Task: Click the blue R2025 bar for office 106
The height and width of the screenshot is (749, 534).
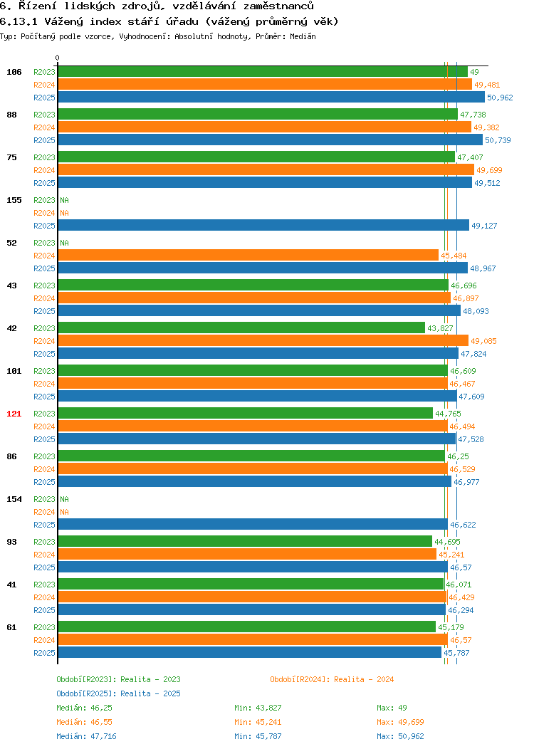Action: pos(271,97)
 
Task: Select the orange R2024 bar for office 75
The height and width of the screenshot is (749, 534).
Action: pos(266,169)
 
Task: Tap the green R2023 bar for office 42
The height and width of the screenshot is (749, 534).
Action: pos(241,328)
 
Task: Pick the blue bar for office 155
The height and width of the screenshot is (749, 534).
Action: pos(263,225)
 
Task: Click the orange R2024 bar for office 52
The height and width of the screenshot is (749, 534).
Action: pos(248,255)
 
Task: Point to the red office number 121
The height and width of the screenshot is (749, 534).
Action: pos(14,414)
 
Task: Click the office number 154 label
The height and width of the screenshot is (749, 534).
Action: pos(14,499)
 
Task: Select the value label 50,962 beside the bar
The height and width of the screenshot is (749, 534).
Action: pos(500,98)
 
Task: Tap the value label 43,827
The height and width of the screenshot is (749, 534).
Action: pos(440,328)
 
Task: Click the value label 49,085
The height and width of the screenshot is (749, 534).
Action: pos(483,341)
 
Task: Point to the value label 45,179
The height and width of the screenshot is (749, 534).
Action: pos(451,627)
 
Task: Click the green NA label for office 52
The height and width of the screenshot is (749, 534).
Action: pos(65,243)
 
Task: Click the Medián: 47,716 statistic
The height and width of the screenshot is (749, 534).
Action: pos(86,736)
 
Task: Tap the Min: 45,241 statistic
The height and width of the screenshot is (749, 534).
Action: pos(258,722)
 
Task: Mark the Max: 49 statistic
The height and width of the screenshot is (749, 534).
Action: pos(392,708)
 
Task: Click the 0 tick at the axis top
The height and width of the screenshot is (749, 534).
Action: pos(58,58)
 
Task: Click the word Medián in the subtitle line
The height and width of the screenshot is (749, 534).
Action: pos(303,36)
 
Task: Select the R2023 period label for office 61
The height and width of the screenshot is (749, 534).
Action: pos(44,627)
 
